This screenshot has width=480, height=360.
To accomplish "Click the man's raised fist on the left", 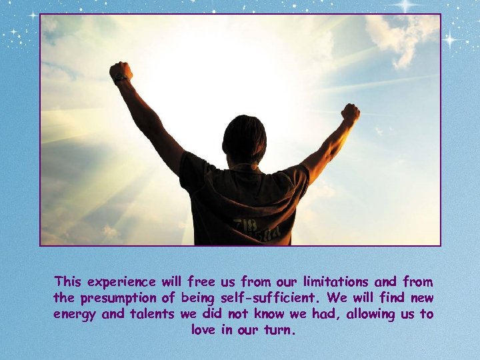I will (x=121, y=72).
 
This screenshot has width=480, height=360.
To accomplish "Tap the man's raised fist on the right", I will (x=350, y=113).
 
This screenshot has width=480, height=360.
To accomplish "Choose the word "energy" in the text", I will (x=75, y=314).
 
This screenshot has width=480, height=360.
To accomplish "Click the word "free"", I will (x=202, y=282).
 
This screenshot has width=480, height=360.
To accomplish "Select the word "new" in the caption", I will (x=421, y=298).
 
